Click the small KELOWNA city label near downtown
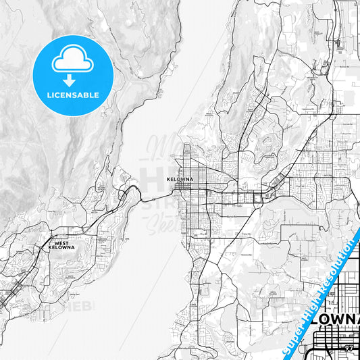tap(180, 180)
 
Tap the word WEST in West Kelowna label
tap(61, 243)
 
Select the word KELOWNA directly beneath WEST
tap(61, 248)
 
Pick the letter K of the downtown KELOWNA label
tap(168, 180)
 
